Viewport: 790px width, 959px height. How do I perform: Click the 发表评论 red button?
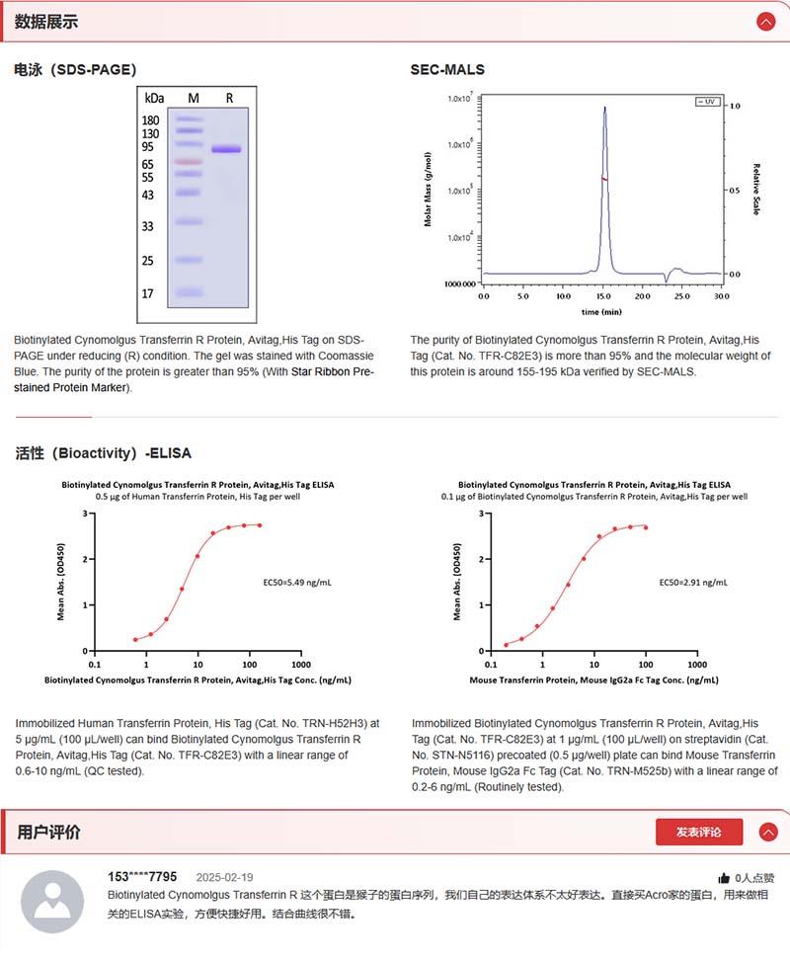[698, 832]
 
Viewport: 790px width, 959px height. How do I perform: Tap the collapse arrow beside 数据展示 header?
[765, 21]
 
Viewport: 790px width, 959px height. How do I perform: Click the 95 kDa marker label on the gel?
[149, 147]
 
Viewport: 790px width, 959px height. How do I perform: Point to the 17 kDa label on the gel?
[148, 293]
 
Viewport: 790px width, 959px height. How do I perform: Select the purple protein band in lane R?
[226, 149]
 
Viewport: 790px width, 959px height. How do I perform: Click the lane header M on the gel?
[194, 98]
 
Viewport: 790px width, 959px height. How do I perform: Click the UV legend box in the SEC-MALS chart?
[707, 101]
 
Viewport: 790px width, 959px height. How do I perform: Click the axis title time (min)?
[601, 311]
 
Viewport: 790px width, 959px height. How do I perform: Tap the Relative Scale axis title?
[756, 190]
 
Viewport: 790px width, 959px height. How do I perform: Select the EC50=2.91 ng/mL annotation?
[692, 583]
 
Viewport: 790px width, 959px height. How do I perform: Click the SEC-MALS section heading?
[447, 69]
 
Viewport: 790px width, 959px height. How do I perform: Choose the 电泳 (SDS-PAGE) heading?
[75, 69]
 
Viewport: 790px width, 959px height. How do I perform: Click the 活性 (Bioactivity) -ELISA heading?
[103, 453]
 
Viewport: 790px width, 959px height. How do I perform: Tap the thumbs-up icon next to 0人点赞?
[724, 877]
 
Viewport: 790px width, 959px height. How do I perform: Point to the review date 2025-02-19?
[224, 877]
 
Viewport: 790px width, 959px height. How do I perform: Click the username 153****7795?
[142, 877]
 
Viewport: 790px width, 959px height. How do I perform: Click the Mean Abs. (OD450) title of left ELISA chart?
[60, 582]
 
